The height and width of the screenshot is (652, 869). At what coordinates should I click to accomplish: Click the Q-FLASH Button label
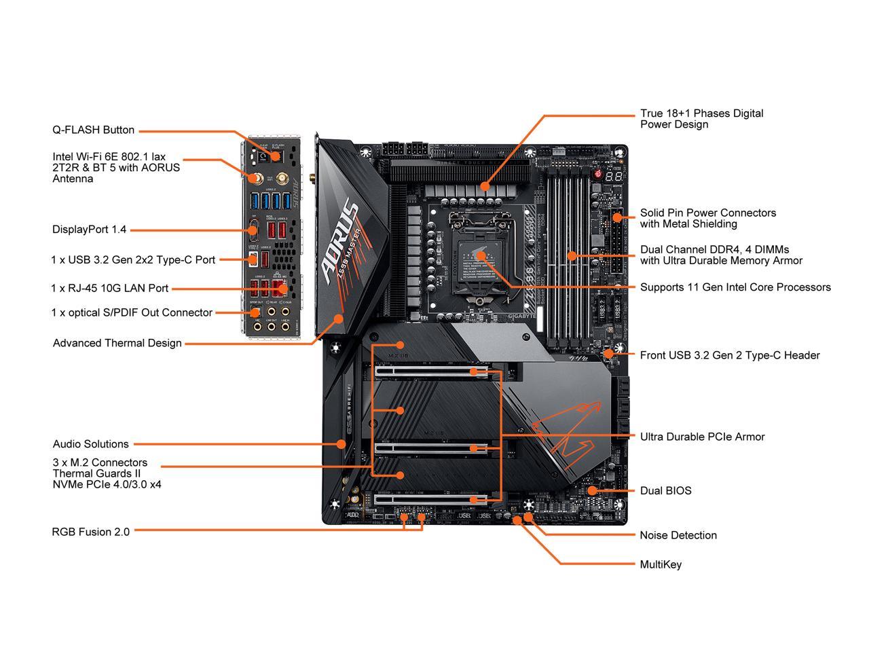point(94,130)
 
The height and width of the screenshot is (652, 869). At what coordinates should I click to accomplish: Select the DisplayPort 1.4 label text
point(90,230)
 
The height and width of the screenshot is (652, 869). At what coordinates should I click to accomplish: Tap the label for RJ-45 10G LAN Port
point(110,288)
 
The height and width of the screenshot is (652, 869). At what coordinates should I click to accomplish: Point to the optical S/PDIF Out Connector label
point(132,313)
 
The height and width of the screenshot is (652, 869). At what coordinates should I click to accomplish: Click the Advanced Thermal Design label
point(117,343)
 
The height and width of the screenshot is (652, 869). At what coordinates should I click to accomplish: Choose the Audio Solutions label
point(91,444)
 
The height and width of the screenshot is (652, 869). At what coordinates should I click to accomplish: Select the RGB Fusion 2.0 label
point(91,532)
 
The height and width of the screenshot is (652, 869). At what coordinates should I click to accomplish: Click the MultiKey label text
point(661,564)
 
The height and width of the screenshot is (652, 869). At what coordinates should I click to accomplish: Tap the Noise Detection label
point(678,535)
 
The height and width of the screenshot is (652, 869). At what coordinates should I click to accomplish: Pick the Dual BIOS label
point(665,490)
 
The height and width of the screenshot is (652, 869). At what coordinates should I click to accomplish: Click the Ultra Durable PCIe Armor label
point(702,437)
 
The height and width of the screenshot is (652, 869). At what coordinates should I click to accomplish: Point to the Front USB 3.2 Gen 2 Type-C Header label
point(730,355)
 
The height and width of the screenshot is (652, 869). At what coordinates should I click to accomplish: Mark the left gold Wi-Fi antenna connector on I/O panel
point(256,179)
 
